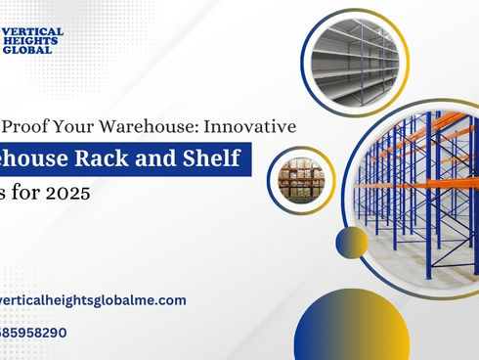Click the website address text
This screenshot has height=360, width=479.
93,300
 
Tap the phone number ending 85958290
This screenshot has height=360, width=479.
34,332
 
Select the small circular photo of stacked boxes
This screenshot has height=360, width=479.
300,177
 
